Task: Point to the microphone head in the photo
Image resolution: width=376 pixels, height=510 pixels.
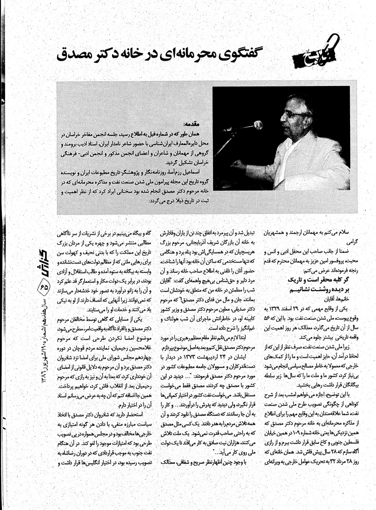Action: pyautogui.click(x=258, y=125)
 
